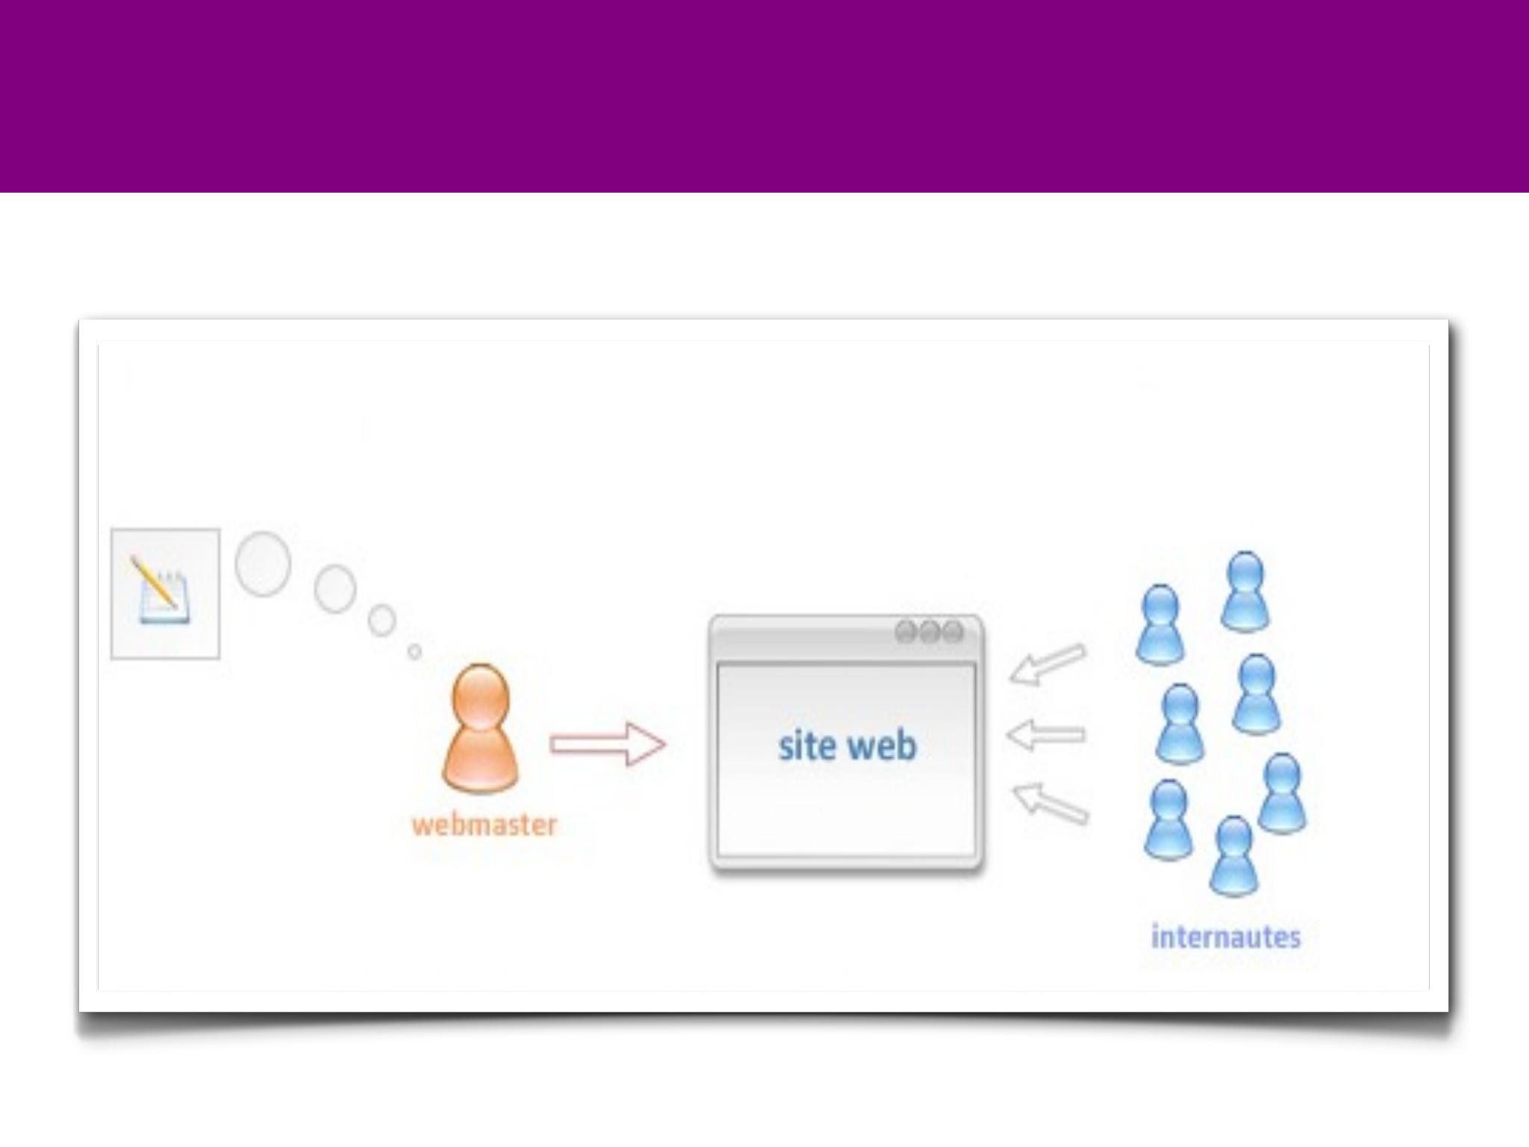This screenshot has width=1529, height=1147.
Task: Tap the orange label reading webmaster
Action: (485, 825)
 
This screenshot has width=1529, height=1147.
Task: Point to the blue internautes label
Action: (1225, 936)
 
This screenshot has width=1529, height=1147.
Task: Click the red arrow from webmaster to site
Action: (607, 744)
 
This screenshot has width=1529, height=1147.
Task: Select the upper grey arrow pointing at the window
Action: (1047, 664)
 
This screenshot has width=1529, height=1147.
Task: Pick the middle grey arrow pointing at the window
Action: (1045, 735)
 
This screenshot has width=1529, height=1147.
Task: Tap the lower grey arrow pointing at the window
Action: (1050, 803)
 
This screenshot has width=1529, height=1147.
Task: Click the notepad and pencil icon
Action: (164, 594)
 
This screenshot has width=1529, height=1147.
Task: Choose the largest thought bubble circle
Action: (263, 564)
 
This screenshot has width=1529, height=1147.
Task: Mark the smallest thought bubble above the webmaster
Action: (414, 652)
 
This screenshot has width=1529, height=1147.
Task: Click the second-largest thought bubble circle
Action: (334, 588)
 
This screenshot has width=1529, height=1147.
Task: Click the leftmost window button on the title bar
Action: (906, 632)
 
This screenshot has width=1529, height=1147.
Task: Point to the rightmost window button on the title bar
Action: (953, 632)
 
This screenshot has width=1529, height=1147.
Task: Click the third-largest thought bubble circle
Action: (382, 620)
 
